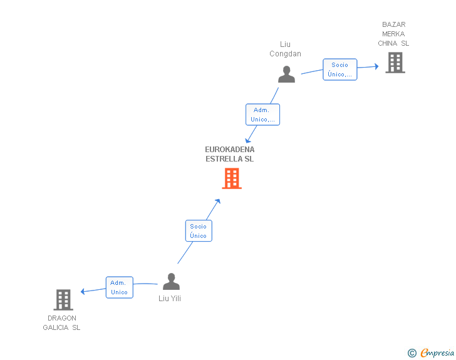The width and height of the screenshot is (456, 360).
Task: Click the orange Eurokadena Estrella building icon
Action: click(x=232, y=178)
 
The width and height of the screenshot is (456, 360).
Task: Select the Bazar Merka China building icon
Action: click(x=395, y=63)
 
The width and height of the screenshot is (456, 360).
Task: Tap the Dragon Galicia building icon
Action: click(x=63, y=300)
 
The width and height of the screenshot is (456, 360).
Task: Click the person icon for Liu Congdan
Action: click(x=286, y=75)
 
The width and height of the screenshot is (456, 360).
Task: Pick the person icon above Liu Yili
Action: click(x=171, y=281)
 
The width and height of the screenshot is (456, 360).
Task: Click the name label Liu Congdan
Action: click(x=286, y=49)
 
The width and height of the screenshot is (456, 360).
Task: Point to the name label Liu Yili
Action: click(x=170, y=299)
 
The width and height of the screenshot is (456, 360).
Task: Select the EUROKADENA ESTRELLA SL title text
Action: click(x=230, y=154)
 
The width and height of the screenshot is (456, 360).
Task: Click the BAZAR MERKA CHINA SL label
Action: click(x=393, y=34)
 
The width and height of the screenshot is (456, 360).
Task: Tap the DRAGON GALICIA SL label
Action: click(x=61, y=322)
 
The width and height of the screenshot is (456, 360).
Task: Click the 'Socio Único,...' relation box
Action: click(x=340, y=69)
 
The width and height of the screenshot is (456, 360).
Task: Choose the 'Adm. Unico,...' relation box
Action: click(x=262, y=115)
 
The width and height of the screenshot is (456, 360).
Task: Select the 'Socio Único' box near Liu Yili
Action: click(x=199, y=231)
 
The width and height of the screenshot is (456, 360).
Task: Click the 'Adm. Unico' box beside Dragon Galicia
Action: click(x=119, y=287)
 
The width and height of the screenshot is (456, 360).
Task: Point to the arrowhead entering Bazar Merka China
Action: click(x=376, y=66)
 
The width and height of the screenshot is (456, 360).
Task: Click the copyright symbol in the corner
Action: click(x=412, y=353)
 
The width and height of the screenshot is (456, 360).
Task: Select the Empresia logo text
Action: click(x=437, y=352)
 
